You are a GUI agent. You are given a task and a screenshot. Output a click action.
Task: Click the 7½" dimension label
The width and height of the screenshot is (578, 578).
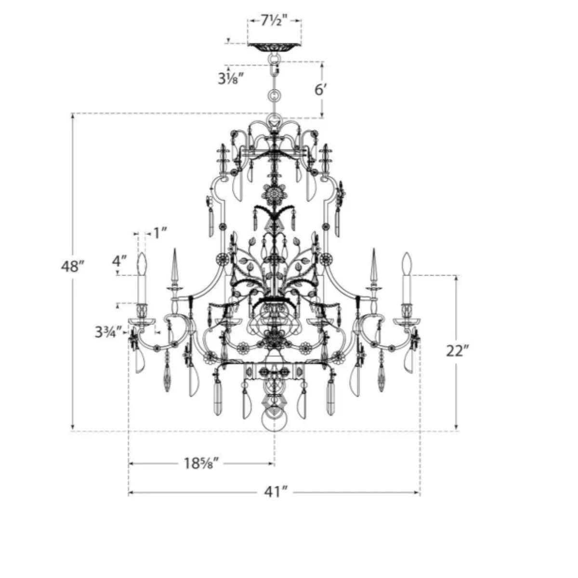tap(274, 22)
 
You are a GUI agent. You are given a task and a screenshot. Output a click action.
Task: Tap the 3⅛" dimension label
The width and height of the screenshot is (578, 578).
tap(229, 79)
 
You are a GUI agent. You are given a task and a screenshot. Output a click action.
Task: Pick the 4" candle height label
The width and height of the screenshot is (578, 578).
tap(119, 261)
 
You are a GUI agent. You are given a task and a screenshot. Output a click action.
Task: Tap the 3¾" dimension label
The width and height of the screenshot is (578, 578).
tap(108, 332)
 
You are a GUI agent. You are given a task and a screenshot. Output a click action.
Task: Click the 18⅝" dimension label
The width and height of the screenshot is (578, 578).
tap(199, 464)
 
